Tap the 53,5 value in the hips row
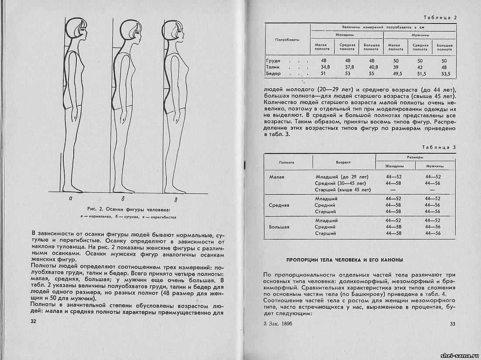pos(444,74)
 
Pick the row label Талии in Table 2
pos(272,67)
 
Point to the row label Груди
pos(273,61)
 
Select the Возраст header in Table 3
pos(344,162)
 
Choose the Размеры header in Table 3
pos(415,157)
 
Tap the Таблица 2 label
pos(440,17)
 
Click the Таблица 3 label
pos(440,147)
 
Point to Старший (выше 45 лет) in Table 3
pos(343,190)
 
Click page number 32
pos(33,321)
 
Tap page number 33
pos(452,324)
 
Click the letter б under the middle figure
pos(124,199)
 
